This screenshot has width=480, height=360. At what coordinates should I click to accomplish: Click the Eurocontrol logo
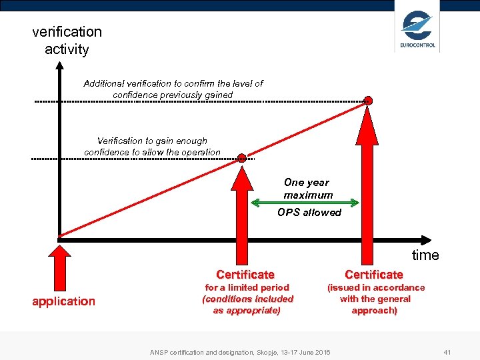pyautogui.click(x=417, y=31)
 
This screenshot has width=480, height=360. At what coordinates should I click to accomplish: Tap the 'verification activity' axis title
pyautogui.click(x=67, y=40)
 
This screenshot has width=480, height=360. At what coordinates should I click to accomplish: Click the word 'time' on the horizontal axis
pyautogui.click(x=425, y=255)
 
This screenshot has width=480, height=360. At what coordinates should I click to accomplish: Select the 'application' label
pyautogui.click(x=64, y=301)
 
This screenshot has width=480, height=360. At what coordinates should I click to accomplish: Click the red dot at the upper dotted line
pyautogui.click(x=368, y=101)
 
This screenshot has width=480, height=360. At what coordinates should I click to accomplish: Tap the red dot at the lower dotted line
pyautogui.click(x=242, y=158)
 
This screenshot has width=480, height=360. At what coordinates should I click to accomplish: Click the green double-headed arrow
pyautogui.click(x=305, y=203)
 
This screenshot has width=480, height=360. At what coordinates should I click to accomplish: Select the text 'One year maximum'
pyautogui.click(x=307, y=189)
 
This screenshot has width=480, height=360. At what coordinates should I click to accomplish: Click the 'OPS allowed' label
pyautogui.click(x=309, y=213)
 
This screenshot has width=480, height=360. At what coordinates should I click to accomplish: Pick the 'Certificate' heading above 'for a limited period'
pyautogui.click(x=245, y=275)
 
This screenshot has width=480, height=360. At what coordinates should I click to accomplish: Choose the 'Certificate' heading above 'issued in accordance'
pyautogui.click(x=374, y=275)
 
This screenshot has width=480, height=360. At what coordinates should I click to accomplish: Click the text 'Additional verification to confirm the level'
pyautogui.click(x=173, y=83)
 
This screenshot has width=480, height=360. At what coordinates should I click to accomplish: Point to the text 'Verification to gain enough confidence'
pyautogui.click(x=152, y=146)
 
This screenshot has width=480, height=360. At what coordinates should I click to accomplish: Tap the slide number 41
pyautogui.click(x=447, y=351)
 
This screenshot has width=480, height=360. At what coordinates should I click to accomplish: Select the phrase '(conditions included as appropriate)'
pyautogui.click(x=247, y=305)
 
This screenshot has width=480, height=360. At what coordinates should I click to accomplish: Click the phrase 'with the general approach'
pyautogui.click(x=375, y=305)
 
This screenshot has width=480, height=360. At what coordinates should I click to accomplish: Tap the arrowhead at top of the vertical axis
pyautogui.click(x=59, y=66)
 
